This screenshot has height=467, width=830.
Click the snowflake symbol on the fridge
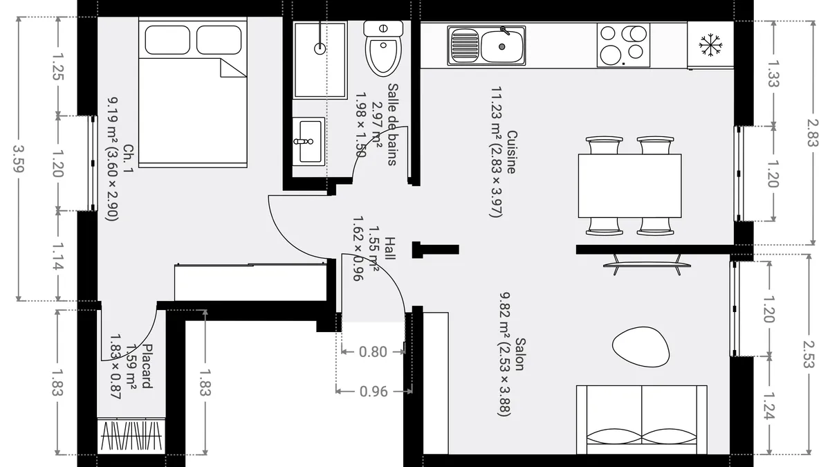pyautogui.click(x=710, y=45)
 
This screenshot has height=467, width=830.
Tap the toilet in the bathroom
pyautogui.click(x=383, y=48)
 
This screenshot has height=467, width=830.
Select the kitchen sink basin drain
pyautogui.click(x=501, y=47)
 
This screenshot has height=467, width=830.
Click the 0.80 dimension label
pyautogui.click(x=373, y=351)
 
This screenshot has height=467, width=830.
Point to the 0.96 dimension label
pyautogui.click(x=373, y=392)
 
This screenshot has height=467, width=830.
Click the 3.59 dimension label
pyautogui.click(x=19, y=158)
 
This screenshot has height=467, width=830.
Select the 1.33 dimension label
pyautogui.click(x=773, y=73)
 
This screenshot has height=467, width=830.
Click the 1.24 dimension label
pyautogui.click(x=769, y=406)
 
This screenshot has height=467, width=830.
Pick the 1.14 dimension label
pyautogui.click(x=58, y=256)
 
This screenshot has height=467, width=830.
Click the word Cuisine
pyautogui.click(x=511, y=152)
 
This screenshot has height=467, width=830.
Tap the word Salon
pyautogui.click(x=520, y=354)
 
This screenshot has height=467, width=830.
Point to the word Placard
pyautogui.click(x=147, y=366)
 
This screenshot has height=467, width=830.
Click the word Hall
pyautogui.click(x=390, y=248)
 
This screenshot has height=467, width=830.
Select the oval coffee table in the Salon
pyautogui.click(x=640, y=347)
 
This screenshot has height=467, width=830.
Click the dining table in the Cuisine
pyautogui.click(x=629, y=185)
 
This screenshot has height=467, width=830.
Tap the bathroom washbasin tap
pyautogui.click(x=304, y=141)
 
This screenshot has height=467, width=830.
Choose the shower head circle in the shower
pyautogui.click(x=320, y=48)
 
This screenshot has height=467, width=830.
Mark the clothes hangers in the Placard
pyautogui.click(x=131, y=436)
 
